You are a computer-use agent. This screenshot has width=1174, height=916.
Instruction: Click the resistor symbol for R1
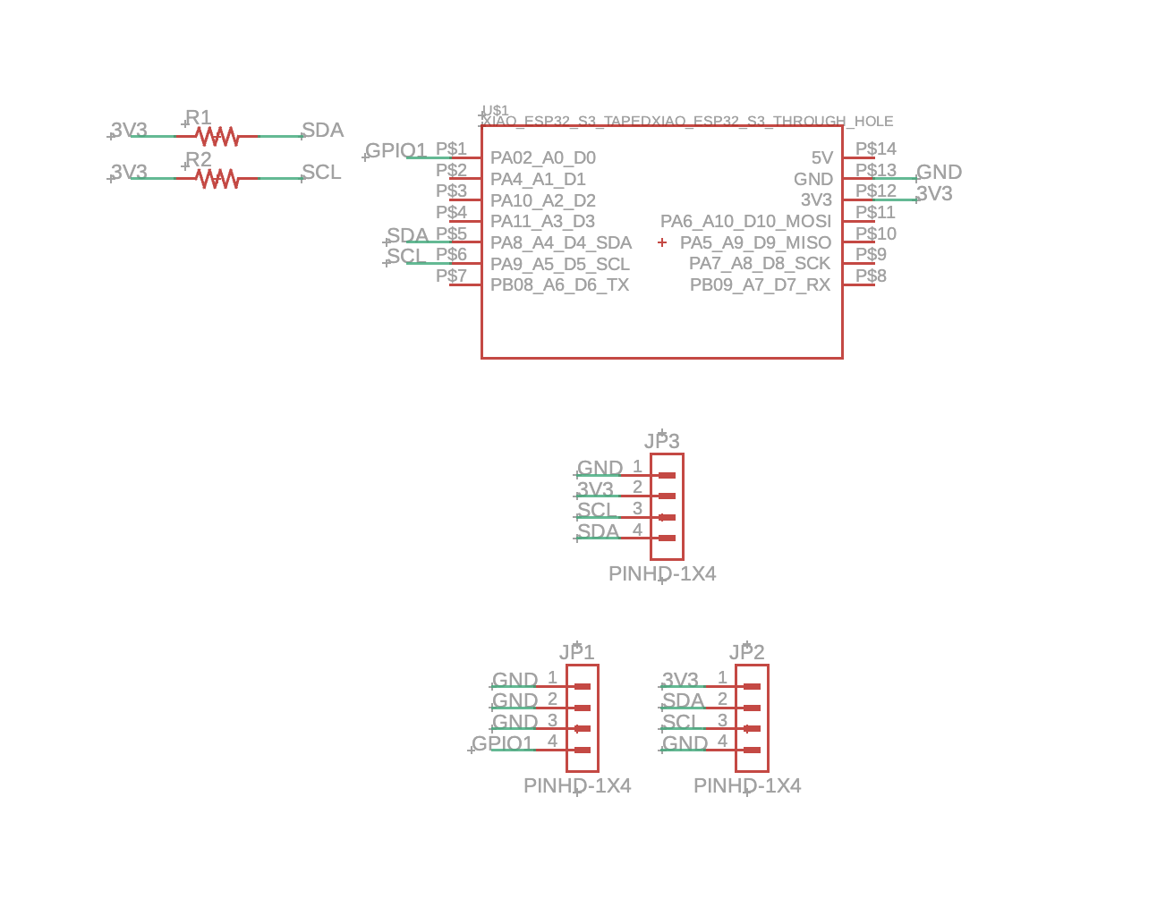tap(217, 136)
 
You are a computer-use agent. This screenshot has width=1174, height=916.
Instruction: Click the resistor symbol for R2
tap(217, 179)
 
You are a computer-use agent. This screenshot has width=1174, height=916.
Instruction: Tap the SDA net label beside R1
tap(322, 131)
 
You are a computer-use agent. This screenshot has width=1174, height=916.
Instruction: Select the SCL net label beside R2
tap(321, 173)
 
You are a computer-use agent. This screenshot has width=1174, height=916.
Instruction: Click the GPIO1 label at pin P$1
tap(396, 150)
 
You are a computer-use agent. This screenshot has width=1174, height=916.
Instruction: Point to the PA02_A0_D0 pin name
tap(542, 158)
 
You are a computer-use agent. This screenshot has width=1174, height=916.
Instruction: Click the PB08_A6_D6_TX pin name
tap(559, 285)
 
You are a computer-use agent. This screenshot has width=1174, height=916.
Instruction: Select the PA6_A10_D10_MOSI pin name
tap(745, 222)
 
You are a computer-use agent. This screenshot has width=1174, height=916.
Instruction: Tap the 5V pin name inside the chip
tap(821, 158)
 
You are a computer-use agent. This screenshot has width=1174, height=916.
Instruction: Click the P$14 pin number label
tap(875, 149)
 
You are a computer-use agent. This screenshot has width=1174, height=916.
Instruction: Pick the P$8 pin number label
tap(871, 276)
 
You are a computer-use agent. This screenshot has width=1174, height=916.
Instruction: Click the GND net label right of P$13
tap(939, 173)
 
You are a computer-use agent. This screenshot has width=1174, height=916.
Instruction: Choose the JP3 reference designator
tap(661, 441)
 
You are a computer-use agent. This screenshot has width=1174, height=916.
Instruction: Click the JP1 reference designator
tap(576, 652)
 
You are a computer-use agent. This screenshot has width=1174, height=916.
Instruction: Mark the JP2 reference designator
tap(746, 652)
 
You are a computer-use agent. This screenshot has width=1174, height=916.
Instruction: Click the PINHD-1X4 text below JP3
tap(662, 574)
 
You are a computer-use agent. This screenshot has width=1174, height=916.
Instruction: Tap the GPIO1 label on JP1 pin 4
tap(502, 743)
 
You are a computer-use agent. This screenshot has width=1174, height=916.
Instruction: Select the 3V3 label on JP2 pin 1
tap(680, 680)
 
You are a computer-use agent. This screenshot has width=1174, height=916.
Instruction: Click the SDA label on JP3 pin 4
tap(598, 531)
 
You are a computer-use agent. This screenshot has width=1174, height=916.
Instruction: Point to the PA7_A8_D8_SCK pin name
tap(759, 264)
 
